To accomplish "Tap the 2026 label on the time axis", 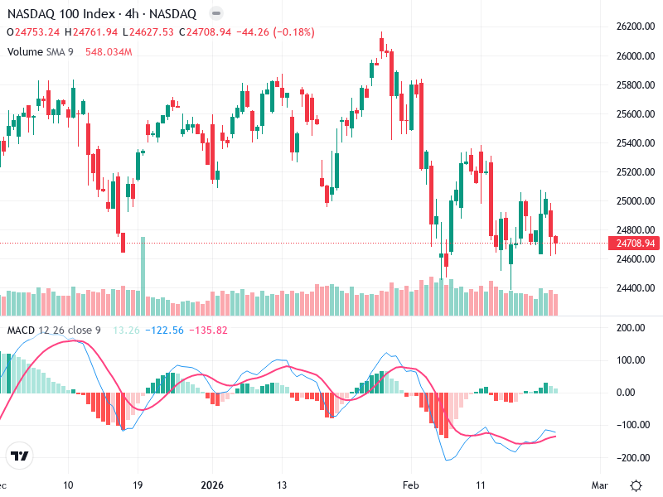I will [x=213, y=485].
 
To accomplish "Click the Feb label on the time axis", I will [x=412, y=485].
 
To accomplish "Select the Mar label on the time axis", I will [x=600, y=485].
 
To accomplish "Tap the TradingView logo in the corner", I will [x=20, y=456].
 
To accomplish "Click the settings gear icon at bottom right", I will [x=636, y=485].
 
